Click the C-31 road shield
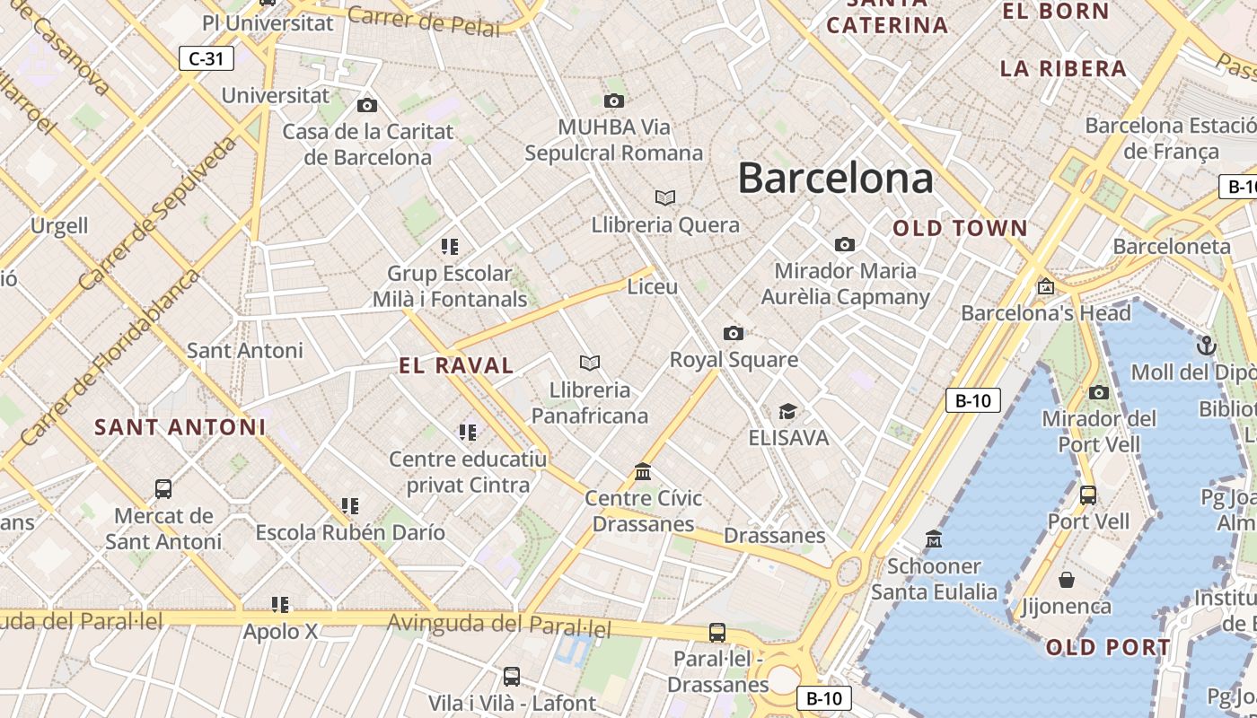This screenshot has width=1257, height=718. (206, 59)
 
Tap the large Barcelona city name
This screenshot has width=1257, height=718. (835, 179)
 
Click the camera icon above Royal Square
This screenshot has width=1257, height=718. (734, 334)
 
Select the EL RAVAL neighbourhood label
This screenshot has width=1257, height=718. (456, 365)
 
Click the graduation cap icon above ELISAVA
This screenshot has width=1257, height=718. (787, 412)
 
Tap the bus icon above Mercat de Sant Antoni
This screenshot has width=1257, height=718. (163, 489)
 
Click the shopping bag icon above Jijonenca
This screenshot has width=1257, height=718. (1067, 580)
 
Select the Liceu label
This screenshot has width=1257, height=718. (652, 287)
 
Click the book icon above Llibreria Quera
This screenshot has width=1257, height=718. (664, 197)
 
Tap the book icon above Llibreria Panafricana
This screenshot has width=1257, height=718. (590, 363)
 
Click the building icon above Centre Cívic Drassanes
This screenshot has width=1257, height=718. (643, 471)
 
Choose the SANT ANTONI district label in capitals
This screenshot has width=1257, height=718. (180, 427)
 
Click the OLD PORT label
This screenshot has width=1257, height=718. (1108, 647)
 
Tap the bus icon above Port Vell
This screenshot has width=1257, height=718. (1087, 495)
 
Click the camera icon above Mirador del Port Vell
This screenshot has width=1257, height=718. (1098, 392)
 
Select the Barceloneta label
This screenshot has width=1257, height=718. (1172, 246)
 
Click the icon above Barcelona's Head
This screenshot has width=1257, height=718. (1045, 287)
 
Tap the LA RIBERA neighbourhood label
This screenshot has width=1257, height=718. (1063, 68)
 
